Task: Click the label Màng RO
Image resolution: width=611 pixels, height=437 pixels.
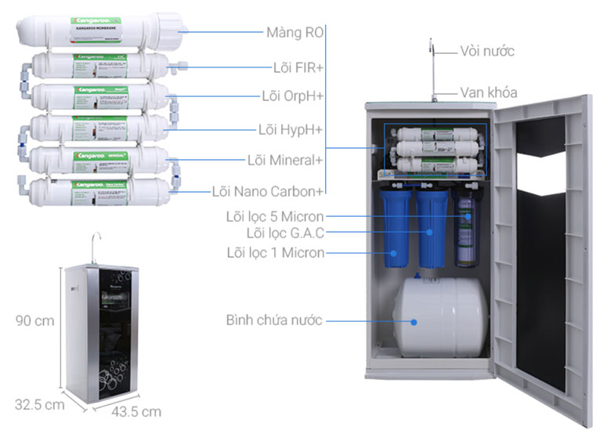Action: click(291, 33)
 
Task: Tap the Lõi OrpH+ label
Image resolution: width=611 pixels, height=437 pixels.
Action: click(292, 96)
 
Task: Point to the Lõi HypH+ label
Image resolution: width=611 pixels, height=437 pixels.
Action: click(291, 128)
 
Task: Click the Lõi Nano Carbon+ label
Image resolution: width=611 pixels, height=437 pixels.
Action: click(267, 191)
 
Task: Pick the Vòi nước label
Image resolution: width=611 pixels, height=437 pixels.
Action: click(486, 52)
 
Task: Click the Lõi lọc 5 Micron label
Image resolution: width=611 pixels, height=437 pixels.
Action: click(285, 215)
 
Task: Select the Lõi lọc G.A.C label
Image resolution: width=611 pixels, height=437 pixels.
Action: click(285, 233)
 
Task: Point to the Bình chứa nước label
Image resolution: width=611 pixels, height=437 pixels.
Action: click(274, 320)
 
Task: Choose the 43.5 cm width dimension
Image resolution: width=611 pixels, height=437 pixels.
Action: click(135, 411)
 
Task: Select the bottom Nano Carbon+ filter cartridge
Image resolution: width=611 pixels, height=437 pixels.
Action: click(98, 191)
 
